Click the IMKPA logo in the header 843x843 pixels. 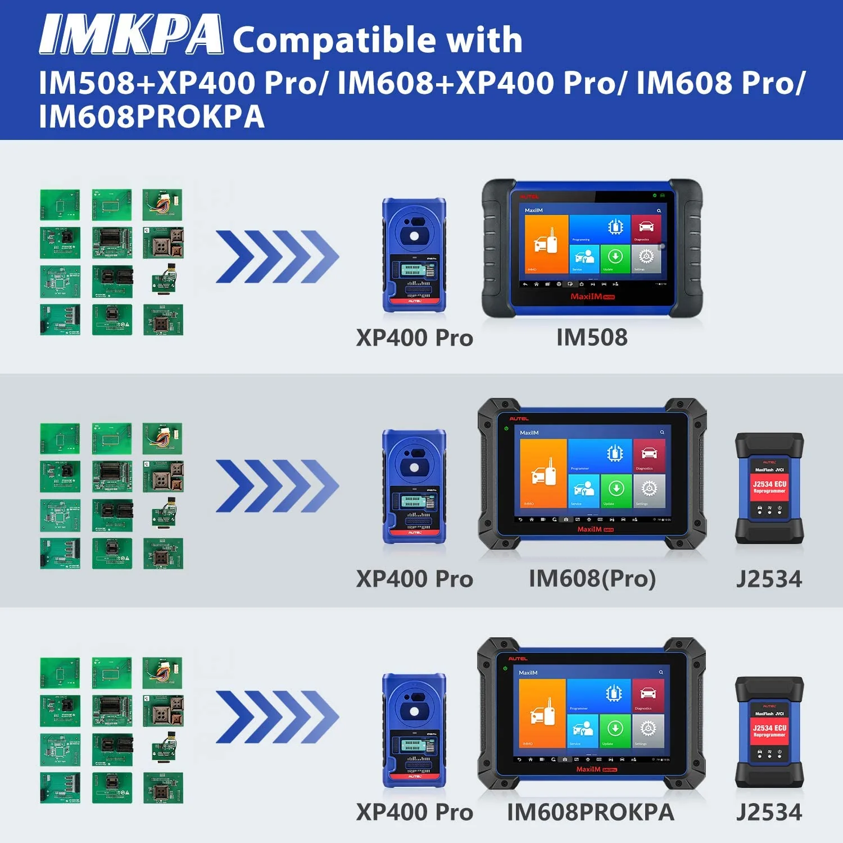131,35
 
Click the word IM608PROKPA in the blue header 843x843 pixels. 151,117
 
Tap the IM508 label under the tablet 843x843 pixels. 592,338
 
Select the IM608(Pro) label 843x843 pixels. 592,579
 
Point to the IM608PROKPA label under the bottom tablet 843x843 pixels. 590,813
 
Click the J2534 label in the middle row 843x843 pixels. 769,579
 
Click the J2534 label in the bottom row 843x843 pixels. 769,813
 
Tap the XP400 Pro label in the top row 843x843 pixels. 415,338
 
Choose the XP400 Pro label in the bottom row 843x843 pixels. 415,813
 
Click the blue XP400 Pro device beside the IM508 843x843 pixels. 414,254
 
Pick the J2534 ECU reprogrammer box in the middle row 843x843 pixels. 769,488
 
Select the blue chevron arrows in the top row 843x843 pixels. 277,257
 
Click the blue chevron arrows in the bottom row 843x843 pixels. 277,717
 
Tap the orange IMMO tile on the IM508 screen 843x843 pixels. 546,244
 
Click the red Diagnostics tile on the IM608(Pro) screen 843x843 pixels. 649,455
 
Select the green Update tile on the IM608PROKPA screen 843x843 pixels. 615,730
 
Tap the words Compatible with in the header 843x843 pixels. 377,40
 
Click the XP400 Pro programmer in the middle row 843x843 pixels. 414,487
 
